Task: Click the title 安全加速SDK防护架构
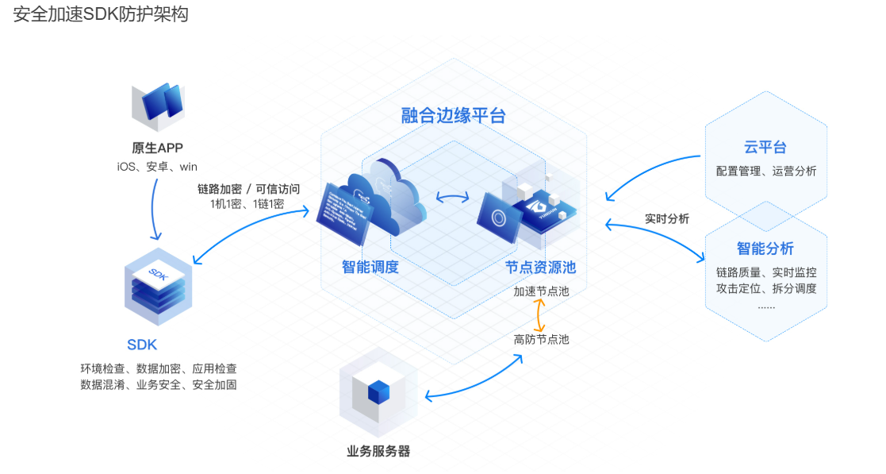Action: coord(101,15)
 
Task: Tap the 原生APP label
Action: coord(157,148)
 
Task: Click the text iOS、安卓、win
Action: coord(157,167)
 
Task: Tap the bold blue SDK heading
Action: coord(142,345)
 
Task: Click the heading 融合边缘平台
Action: coord(453,116)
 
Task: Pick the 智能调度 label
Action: coord(370,267)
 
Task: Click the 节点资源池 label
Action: coord(541,268)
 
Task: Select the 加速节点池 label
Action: coord(541,291)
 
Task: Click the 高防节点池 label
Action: coord(541,339)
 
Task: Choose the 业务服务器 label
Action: coord(378,451)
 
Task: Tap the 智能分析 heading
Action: coord(765,249)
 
